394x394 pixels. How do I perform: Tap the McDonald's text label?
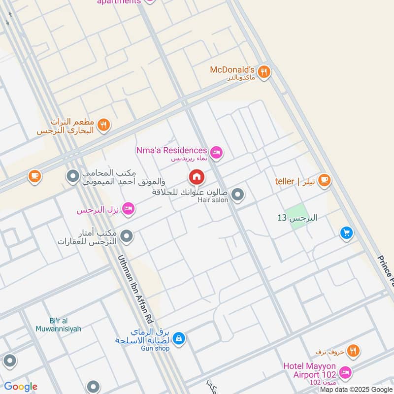[232, 69]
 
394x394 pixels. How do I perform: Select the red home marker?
[197, 177]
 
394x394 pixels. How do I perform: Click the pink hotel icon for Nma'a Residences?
[216, 152]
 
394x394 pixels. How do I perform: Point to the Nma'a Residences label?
[171, 150]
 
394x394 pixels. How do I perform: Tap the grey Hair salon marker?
[238, 195]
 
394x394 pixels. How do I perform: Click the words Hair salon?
[213, 200]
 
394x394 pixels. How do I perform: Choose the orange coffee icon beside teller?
[324, 181]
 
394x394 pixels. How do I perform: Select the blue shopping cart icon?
[347, 233]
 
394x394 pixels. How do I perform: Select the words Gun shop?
[155, 348]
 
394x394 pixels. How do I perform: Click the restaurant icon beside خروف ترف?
[353, 351]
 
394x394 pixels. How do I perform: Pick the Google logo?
[21, 387]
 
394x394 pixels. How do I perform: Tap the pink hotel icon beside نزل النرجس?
[128, 209]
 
